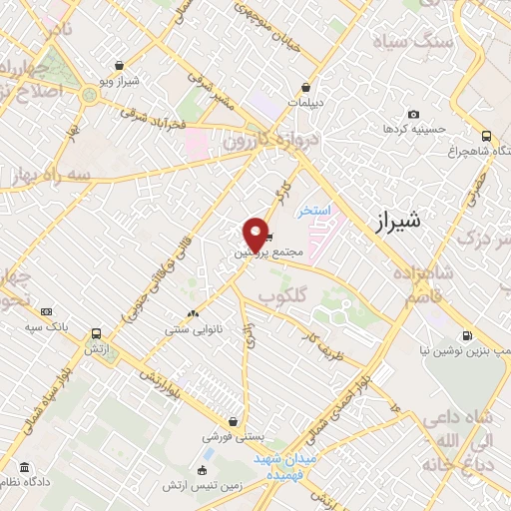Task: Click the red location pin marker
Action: (256, 234)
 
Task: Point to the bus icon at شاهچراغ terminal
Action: (486, 136)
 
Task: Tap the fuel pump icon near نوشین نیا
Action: (467, 336)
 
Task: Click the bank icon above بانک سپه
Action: (47, 312)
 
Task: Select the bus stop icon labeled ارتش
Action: (96, 334)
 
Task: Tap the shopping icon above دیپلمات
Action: (316, 86)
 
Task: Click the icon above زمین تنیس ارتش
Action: (203, 471)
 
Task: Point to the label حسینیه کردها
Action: (409, 130)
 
